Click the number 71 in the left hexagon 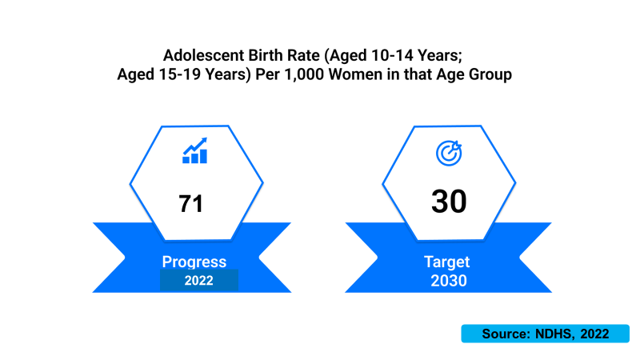click(190, 204)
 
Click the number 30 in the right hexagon click(449, 202)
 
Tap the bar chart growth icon click(194, 150)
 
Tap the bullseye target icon click(449, 153)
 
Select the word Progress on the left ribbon click(194, 262)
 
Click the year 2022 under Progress click(198, 281)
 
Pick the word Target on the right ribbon click(447, 262)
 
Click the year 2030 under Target click(449, 281)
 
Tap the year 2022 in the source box click(594, 334)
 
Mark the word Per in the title click(267, 74)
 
